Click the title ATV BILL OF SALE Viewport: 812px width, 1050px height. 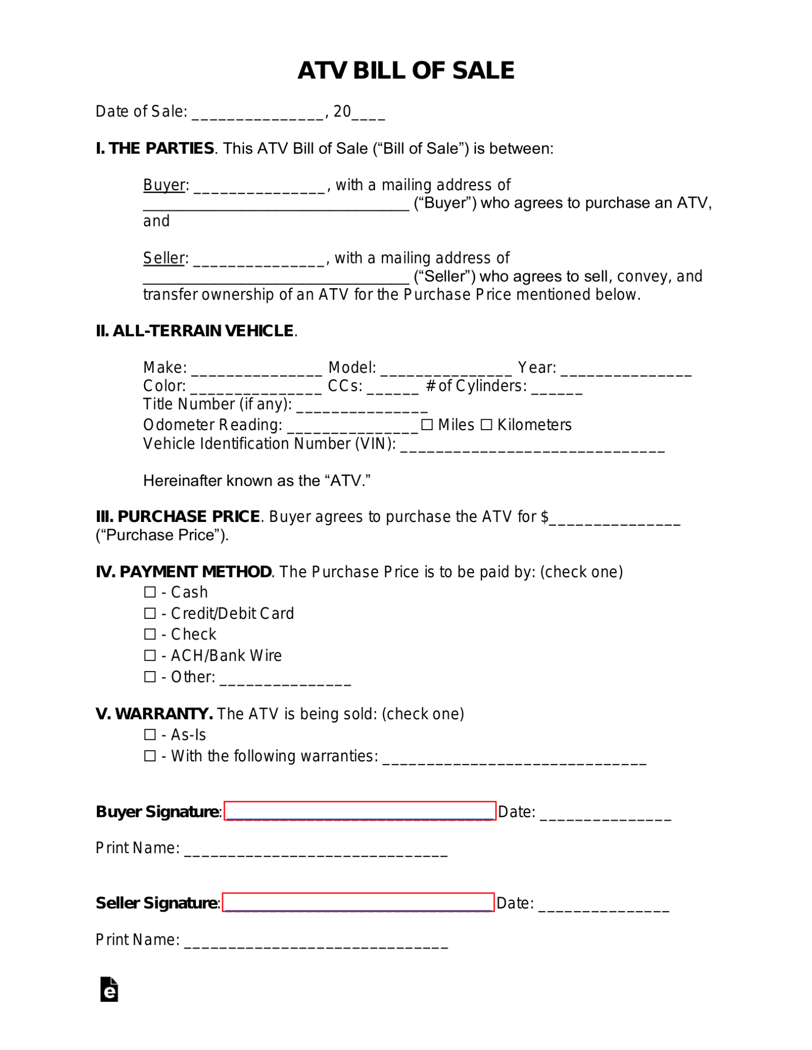pos(406,70)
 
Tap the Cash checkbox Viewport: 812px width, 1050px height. pos(150,592)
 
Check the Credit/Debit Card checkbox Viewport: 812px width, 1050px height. pos(150,613)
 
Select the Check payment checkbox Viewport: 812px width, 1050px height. pos(150,634)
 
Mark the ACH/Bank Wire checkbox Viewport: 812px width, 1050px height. pos(150,655)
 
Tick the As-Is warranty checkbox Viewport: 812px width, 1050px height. pos(150,735)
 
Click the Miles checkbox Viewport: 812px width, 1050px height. pos(427,425)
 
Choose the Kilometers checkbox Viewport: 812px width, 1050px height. pos(486,425)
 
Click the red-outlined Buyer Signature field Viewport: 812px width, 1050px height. pos(360,811)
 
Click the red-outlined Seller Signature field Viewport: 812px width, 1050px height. pos(358,902)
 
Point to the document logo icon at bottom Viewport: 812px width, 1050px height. pos(109,989)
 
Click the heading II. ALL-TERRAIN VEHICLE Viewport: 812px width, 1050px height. pos(195,331)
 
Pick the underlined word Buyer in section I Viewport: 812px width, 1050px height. pos(164,185)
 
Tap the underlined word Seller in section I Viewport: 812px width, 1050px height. pos(163,258)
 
